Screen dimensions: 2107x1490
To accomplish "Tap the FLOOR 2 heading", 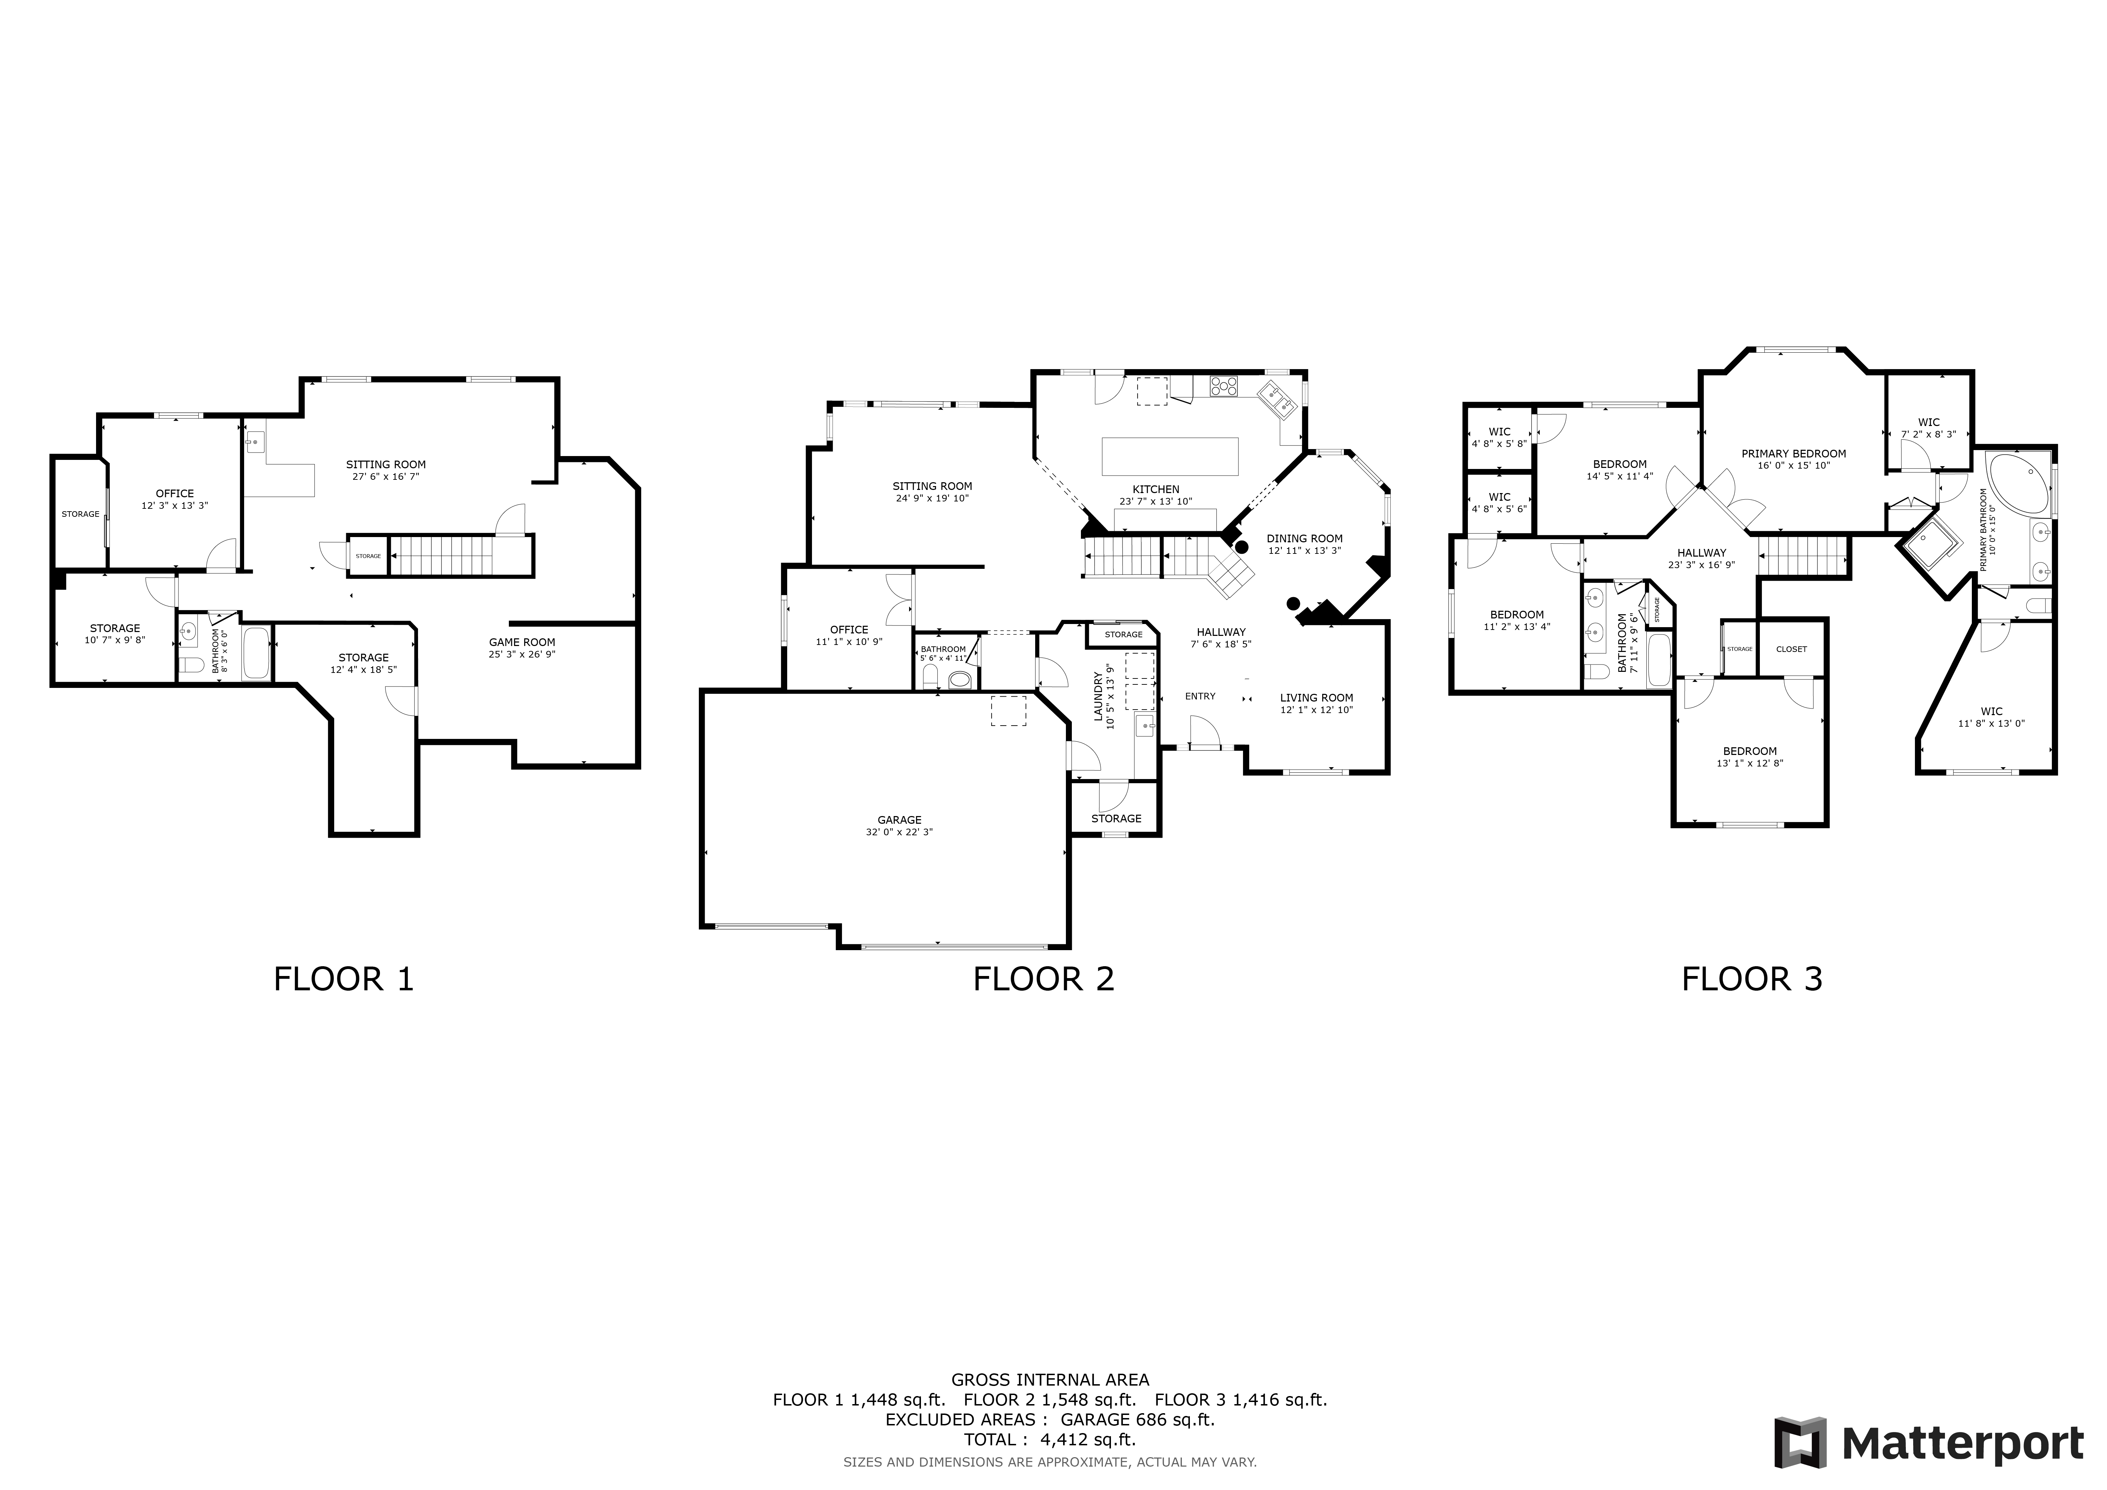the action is click(1044, 980).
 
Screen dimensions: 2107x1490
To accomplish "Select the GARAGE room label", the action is click(899, 820).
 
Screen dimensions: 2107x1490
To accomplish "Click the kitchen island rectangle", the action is click(1169, 456).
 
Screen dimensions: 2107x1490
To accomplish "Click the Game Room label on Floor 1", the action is click(522, 642).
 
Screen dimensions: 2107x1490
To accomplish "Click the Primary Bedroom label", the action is click(1793, 453).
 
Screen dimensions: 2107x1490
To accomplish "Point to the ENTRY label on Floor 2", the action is click(1199, 696).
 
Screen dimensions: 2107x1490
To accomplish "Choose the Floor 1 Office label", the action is click(174, 494).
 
